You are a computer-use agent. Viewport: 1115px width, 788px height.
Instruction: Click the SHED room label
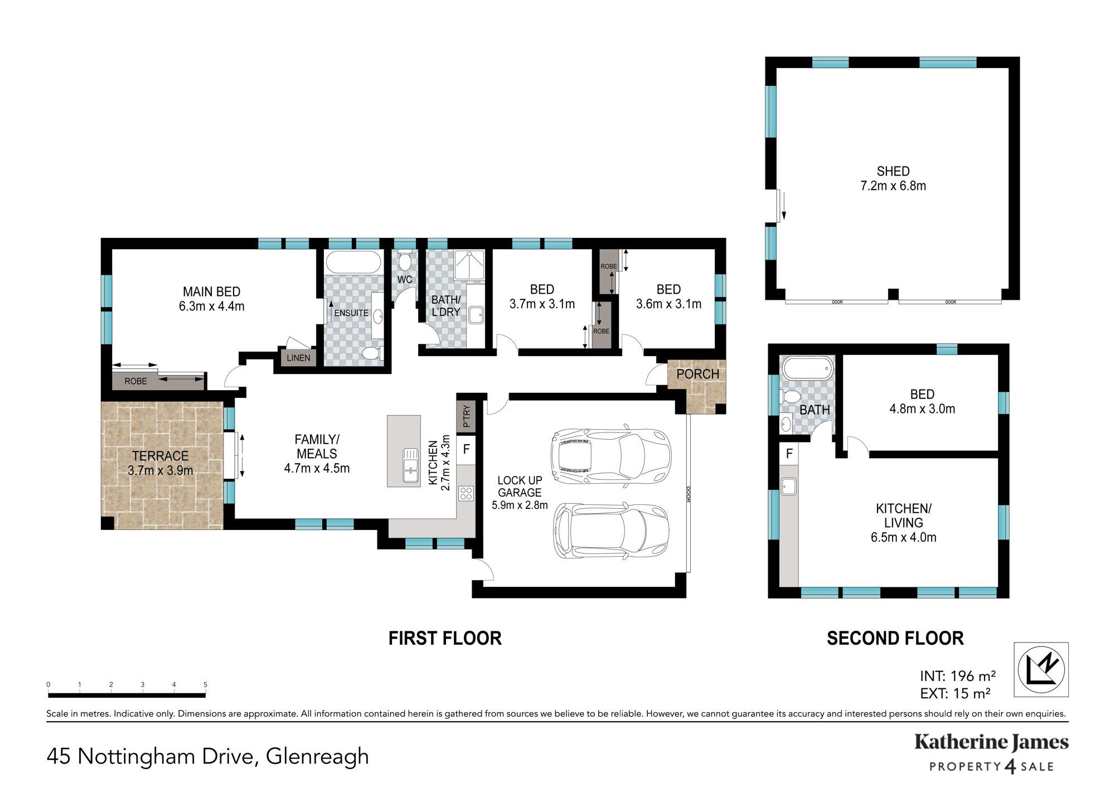point(893,178)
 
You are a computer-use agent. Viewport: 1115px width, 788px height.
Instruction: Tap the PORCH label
point(697,374)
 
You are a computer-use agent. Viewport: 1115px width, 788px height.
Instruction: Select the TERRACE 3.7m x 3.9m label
point(161,463)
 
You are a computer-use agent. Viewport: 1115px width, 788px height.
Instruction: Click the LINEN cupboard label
point(298,358)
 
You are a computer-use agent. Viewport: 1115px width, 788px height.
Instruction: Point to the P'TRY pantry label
point(467,416)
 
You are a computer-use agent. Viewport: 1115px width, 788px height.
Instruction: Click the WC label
point(405,279)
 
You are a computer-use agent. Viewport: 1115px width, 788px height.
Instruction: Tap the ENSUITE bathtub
point(353,262)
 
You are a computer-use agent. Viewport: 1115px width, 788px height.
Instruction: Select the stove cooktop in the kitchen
point(466,493)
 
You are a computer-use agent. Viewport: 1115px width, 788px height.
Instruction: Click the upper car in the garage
point(611,455)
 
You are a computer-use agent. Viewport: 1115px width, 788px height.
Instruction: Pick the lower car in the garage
point(611,531)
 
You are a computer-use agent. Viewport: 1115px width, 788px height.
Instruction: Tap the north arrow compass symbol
point(1041,669)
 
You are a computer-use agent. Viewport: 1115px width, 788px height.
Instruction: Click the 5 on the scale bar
point(205,684)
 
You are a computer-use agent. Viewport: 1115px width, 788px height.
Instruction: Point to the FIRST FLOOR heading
point(445,638)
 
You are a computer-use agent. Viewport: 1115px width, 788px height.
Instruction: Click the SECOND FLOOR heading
point(895,638)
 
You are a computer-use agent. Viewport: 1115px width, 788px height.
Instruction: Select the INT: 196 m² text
point(958,676)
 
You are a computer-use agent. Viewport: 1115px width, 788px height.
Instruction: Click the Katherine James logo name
point(991,742)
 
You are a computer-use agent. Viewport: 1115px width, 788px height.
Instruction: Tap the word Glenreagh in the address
point(317,756)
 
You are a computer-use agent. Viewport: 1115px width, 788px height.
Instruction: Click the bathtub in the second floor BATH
point(807,368)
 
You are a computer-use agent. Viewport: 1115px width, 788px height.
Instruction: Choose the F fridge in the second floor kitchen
point(789,454)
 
